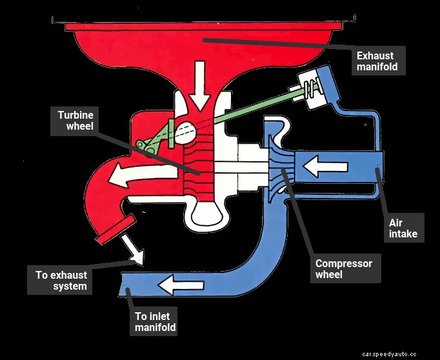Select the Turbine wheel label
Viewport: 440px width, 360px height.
point(75,119)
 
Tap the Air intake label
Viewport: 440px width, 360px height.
point(403,228)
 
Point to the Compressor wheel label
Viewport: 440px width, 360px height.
point(343,269)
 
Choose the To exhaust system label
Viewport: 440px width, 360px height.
point(61,280)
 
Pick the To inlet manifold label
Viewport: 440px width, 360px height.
point(155,322)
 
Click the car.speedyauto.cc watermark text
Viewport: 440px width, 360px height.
point(399,354)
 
